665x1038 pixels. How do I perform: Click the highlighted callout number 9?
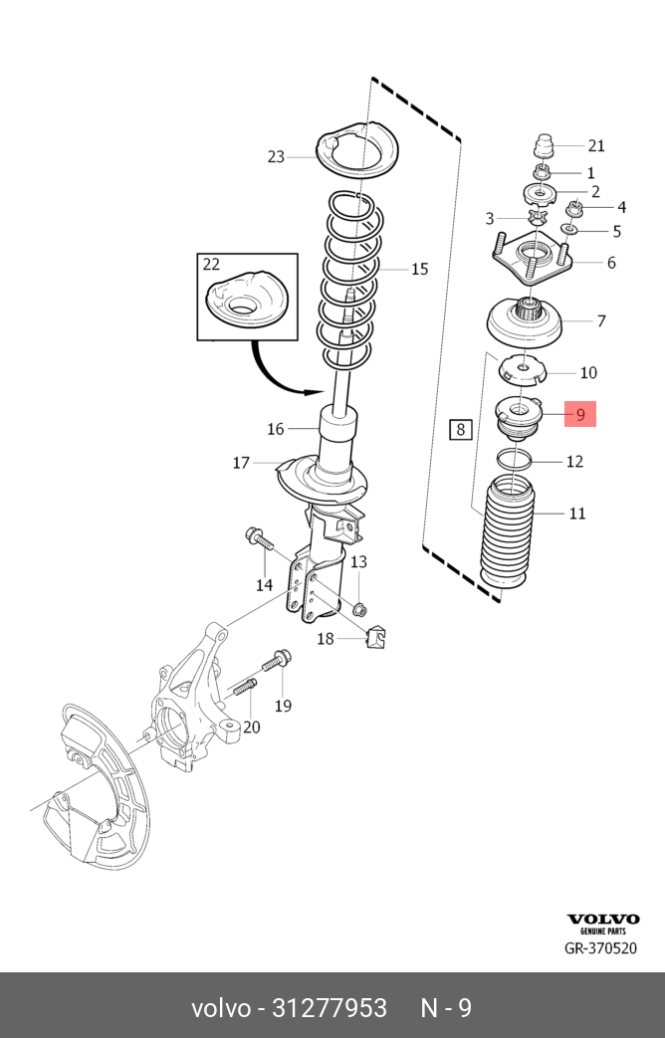tap(580, 414)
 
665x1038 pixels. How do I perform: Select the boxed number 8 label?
tap(460, 429)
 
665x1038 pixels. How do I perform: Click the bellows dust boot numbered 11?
tap(508, 537)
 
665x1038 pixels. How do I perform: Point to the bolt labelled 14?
tap(259, 538)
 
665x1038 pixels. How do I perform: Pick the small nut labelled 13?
tap(359, 608)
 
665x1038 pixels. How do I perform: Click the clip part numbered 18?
tap(376, 637)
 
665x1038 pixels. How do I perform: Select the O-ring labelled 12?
tap(514, 459)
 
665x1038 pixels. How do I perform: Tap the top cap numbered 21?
tap(544, 145)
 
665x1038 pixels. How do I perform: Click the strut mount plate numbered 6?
tap(532, 259)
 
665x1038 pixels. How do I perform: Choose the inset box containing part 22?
tap(247, 297)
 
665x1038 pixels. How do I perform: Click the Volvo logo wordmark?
tap(602, 919)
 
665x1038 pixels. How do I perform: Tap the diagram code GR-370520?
tap(600, 948)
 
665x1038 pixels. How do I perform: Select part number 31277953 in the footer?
tap(330, 1008)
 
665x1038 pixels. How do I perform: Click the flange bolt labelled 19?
tap(277, 661)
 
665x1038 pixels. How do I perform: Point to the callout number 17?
tap(241, 463)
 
